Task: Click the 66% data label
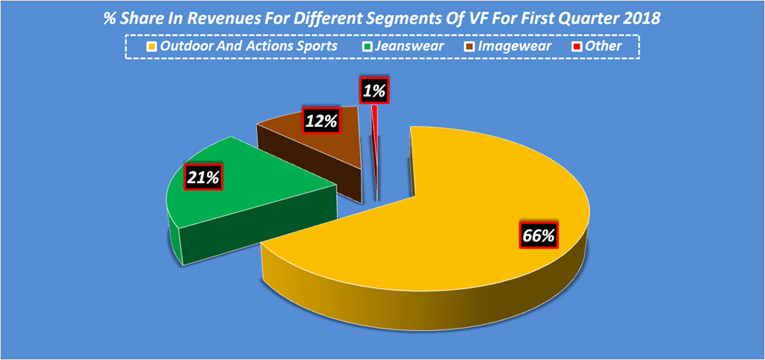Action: point(537,236)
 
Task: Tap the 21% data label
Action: point(203,178)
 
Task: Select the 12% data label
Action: point(320,120)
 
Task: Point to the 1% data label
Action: point(374,91)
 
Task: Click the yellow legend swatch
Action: point(149,47)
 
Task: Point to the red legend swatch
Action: point(577,47)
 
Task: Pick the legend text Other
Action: point(604,46)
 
